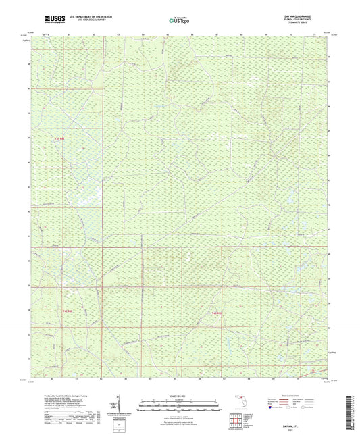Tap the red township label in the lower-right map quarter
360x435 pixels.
[216, 313]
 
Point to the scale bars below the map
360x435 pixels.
[180, 407]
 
